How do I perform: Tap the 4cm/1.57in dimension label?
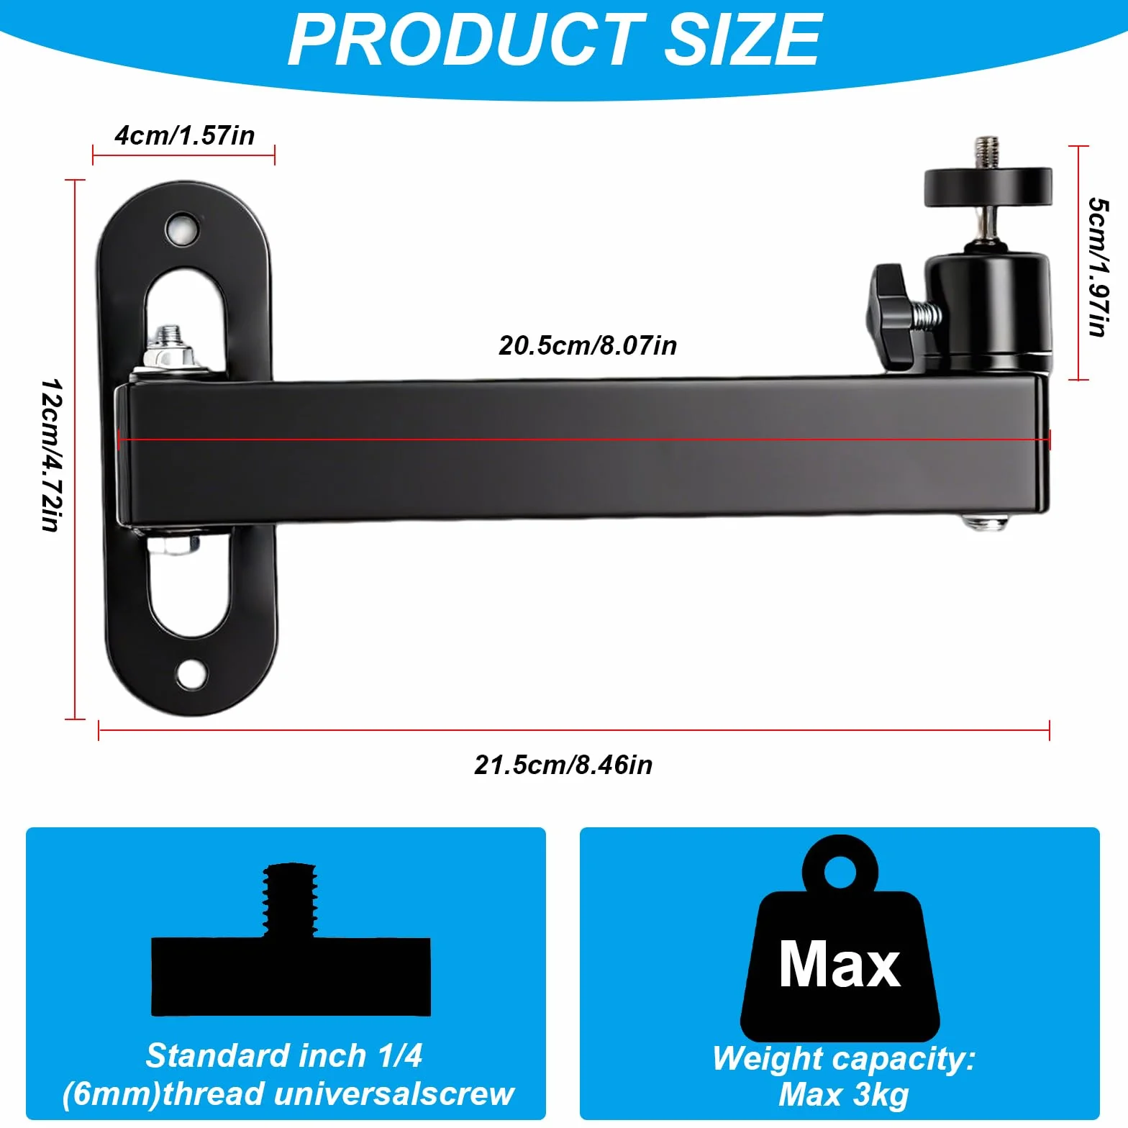pos(185,135)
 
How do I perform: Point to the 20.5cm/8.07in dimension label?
pos(588,345)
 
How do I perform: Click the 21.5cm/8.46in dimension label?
pos(563,765)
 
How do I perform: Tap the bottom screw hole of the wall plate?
pos(191,675)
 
